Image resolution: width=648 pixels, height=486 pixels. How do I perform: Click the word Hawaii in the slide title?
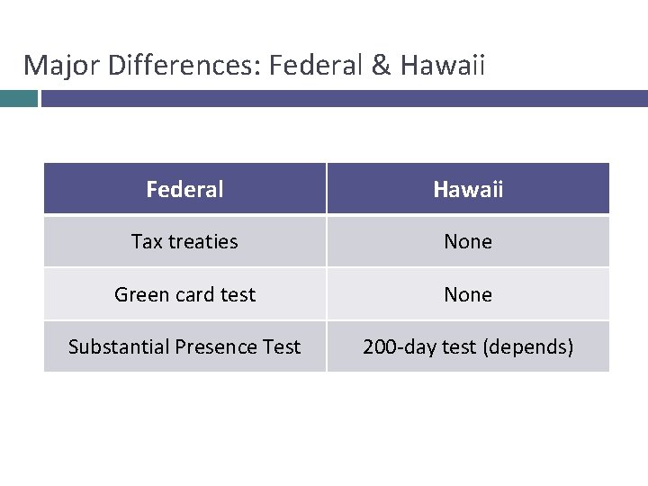click(444, 66)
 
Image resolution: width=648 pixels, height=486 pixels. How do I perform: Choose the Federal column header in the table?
click(184, 189)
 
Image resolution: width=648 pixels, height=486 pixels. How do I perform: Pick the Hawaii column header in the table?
click(468, 189)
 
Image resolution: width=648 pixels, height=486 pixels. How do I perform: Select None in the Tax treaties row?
click(468, 242)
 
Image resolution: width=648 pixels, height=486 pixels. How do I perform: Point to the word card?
click(193, 295)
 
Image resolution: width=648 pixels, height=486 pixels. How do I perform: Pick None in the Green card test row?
click(468, 295)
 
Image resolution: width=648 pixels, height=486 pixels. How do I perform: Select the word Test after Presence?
click(281, 347)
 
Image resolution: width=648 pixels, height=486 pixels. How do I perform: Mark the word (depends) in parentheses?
click(528, 347)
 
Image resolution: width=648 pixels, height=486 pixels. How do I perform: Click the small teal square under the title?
click(19, 98)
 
